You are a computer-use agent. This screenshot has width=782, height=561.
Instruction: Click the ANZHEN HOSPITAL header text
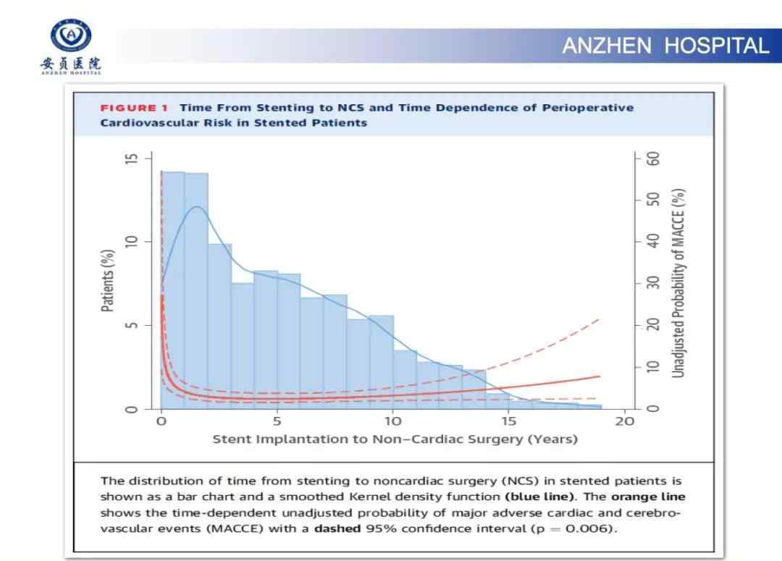tap(665, 46)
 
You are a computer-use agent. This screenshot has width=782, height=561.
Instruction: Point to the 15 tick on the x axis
tap(508, 421)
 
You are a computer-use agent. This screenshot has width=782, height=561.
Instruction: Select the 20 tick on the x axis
tap(624, 421)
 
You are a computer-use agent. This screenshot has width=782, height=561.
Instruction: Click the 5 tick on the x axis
tap(277, 421)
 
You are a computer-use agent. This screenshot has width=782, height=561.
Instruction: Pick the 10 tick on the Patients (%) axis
tap(130, 241)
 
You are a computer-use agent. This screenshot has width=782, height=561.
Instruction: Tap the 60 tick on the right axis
tap(653, 158)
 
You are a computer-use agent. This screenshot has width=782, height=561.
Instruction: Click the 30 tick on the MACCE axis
tap(653, 283)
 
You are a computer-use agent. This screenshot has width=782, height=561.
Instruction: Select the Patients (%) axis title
tap(107, 280)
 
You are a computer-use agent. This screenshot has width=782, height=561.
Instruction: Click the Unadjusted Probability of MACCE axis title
tap(678, 283)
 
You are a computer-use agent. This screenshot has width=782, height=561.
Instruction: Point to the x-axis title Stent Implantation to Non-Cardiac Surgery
tap(395, 439)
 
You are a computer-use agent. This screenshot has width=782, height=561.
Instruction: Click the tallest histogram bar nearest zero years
tap(173, 290)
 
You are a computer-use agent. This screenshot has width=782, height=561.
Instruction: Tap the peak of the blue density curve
tap(196, 207)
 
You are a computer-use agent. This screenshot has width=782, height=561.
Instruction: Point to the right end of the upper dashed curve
tap(600, 319)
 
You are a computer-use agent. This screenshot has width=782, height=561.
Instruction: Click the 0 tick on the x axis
tap(161, 421)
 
